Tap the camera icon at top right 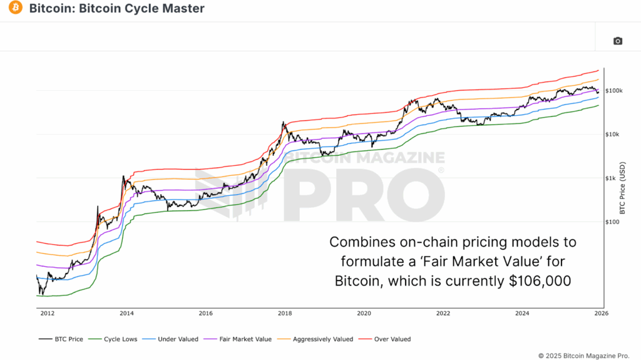click(x=618, y=41)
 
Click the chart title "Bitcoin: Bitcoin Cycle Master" click(x=116, y=9)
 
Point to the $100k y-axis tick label click(x=614, y=91)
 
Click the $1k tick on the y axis click(x=611, y=178)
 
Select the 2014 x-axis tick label click(x=126, y=313)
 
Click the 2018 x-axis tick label click(x=285, y=313)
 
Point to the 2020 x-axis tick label click(x=364, y=313)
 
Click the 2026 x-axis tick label click(x=601, y=313)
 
